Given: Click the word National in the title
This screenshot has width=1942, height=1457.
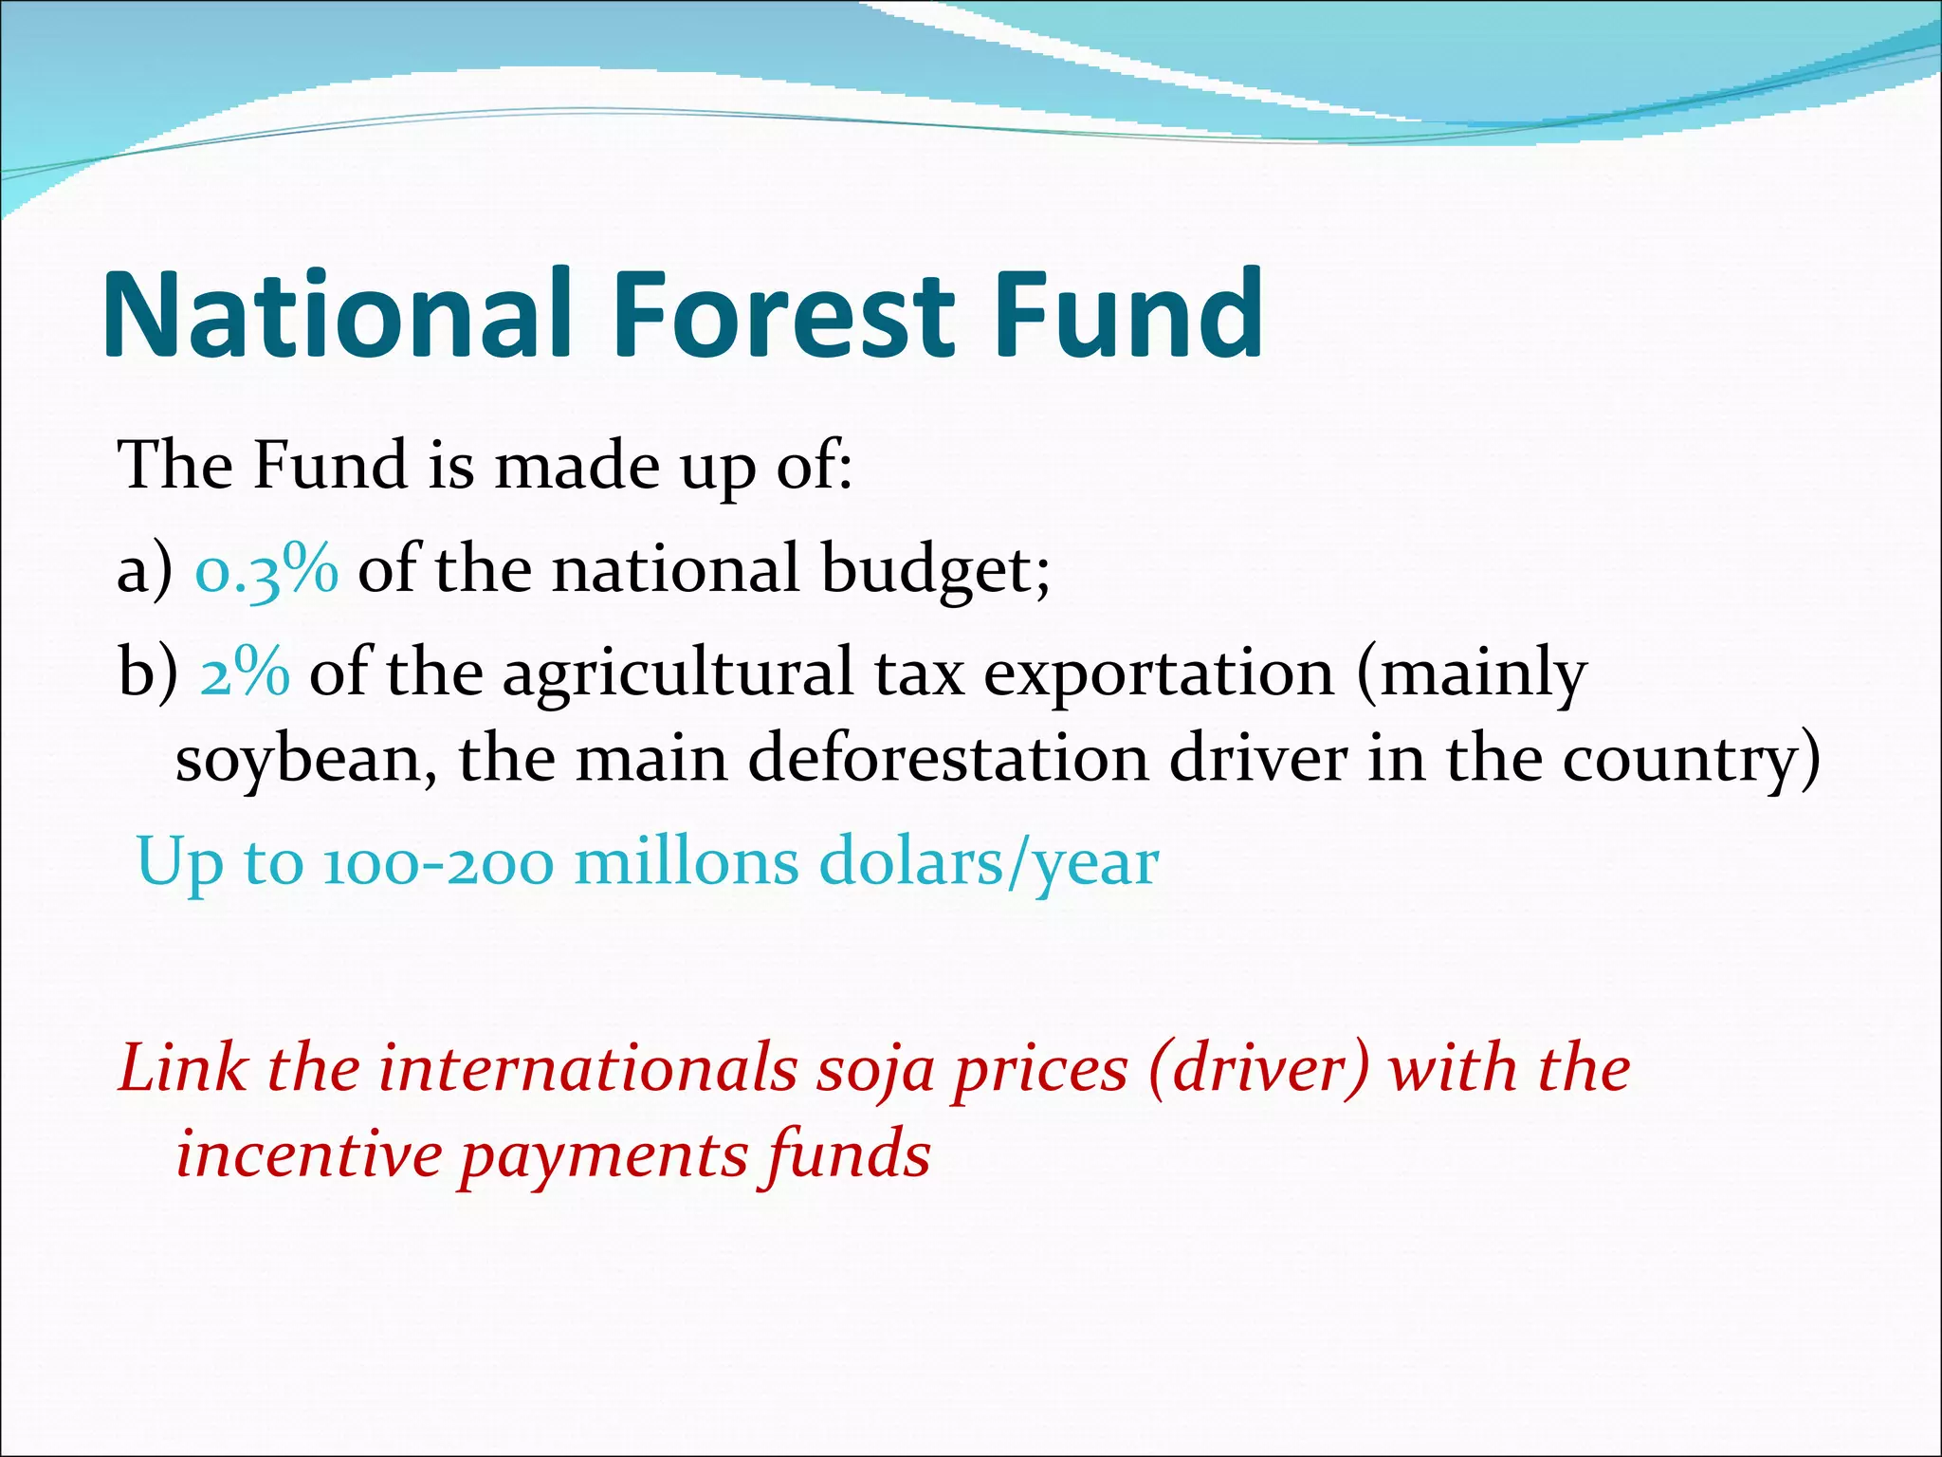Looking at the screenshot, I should [337, 315].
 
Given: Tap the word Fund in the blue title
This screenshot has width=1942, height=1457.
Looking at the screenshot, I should [1128, 315].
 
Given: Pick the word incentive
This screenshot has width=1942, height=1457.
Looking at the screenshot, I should [309, 1155].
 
